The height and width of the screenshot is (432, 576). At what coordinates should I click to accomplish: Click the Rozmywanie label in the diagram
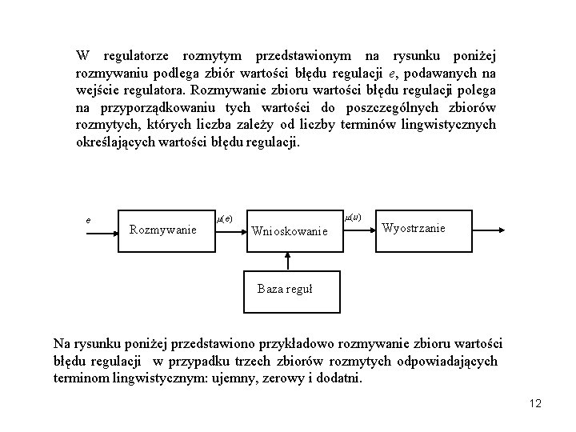(163, 230)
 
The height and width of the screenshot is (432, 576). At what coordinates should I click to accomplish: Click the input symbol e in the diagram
(88, 219)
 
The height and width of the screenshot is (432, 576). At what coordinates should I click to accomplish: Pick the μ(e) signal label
(225, 218)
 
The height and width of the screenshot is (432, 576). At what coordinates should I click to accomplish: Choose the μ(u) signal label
(353, 217)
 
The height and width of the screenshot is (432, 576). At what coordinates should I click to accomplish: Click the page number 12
(535, 404)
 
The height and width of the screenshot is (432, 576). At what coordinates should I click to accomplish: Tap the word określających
(113, 142)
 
